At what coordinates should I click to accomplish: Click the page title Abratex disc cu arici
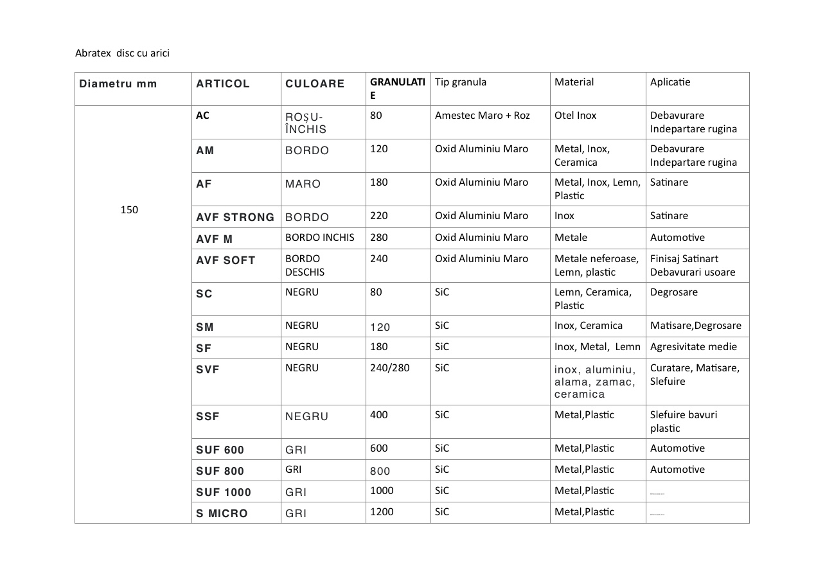click(122, 53)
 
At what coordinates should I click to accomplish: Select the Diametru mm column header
click(118, 84)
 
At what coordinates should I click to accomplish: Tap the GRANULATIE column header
click(397, 89)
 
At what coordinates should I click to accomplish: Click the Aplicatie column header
click(670, 82)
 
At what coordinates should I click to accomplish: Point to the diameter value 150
click(129, 210)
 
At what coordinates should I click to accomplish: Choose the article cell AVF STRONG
click(235, 217)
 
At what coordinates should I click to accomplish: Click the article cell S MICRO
click(222, 513)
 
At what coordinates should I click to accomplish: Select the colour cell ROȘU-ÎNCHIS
click(306, 123)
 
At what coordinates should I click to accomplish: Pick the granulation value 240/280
click(389, 368)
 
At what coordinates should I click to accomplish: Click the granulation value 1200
click(382, 512)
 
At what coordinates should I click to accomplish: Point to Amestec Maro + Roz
click(482, 116)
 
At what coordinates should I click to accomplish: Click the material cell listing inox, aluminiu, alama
click(595, 382)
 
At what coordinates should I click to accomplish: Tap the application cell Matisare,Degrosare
click(695, 326)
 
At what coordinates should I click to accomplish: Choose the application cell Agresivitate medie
click(693, 347)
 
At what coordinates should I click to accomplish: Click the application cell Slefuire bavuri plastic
click(684, 421)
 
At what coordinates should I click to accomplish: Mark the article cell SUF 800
click(220, 471)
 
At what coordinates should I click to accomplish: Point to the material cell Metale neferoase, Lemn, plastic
click(596, 265)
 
